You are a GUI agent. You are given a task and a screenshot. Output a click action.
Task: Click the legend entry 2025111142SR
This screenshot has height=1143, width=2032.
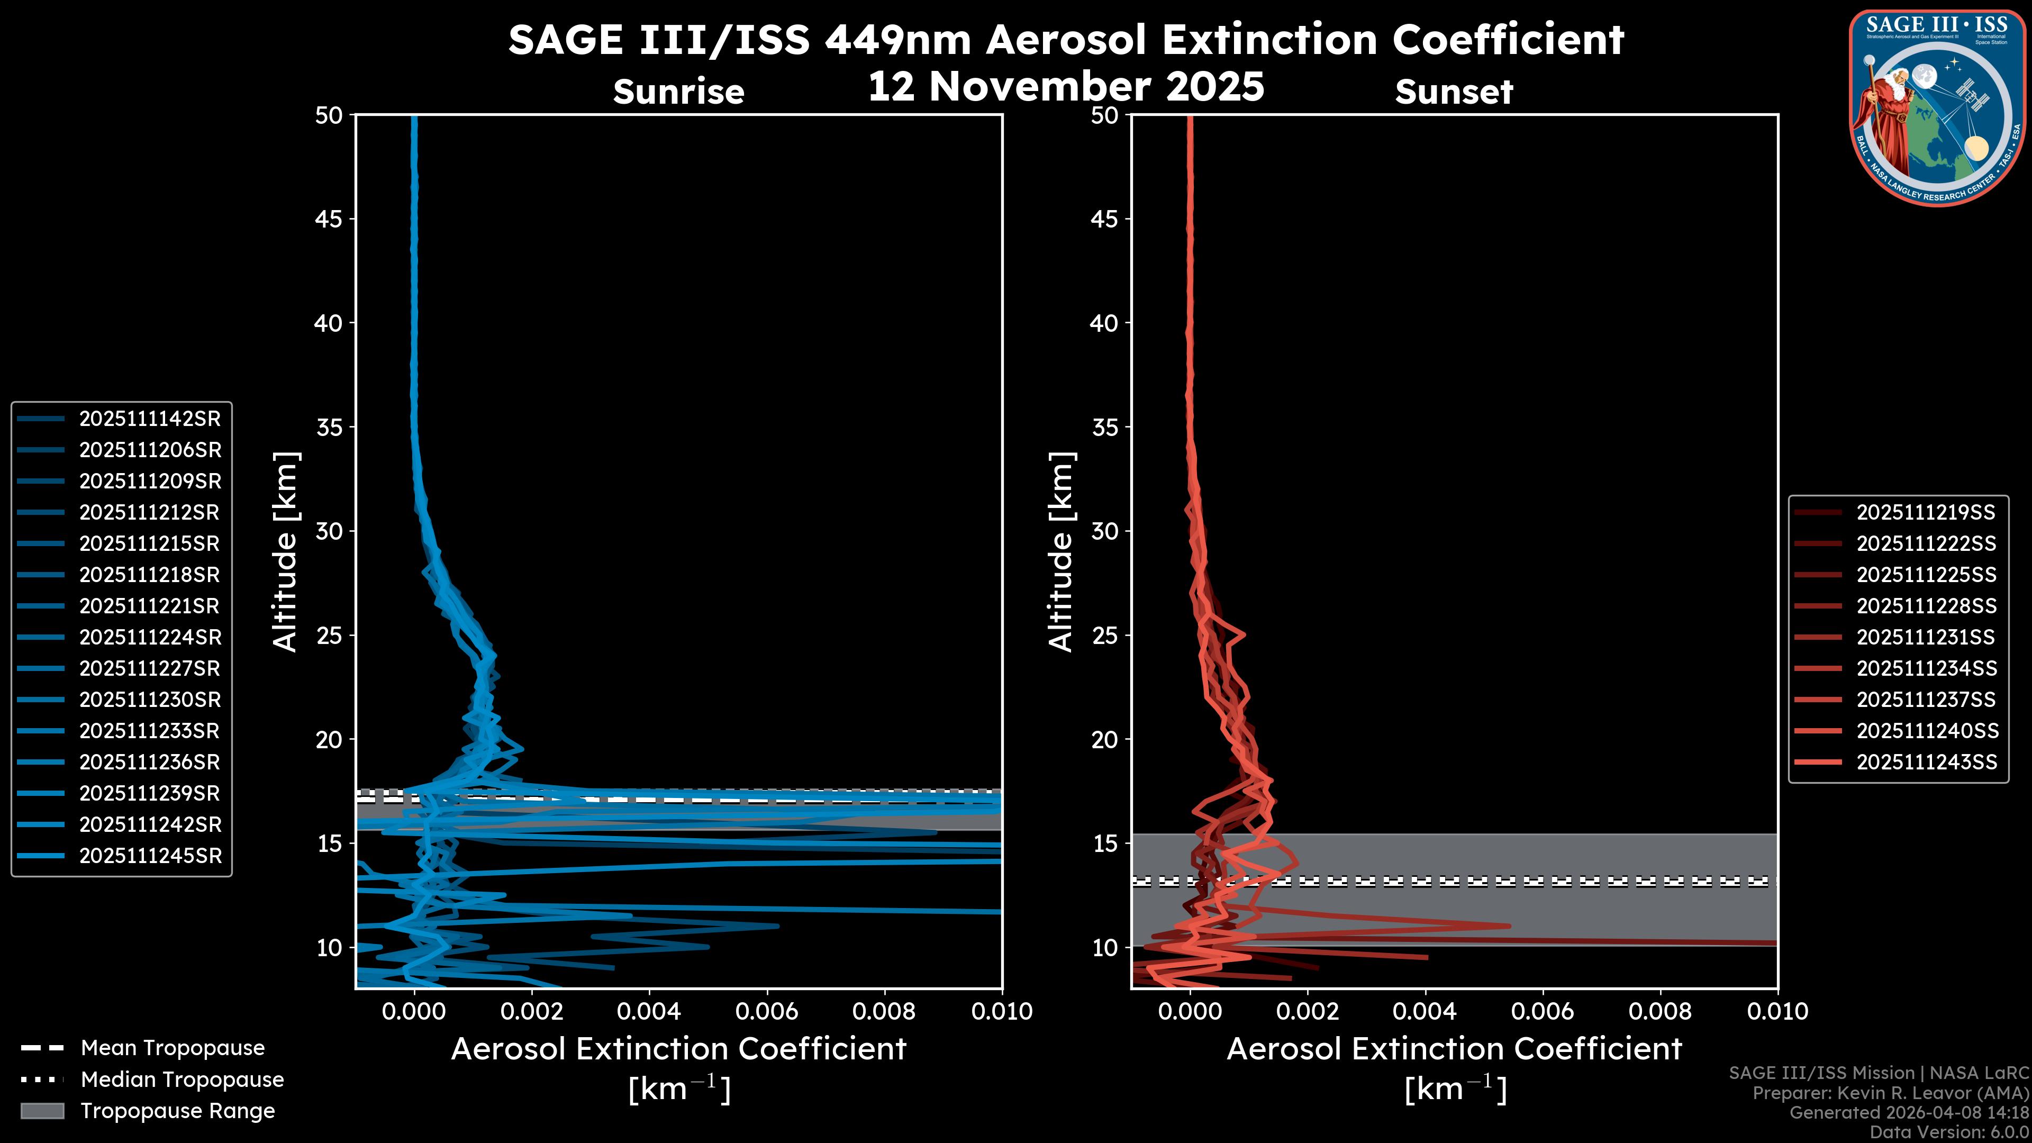click(149, 419)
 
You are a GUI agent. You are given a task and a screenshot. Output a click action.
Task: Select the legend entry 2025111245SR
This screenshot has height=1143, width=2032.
click(150, 856)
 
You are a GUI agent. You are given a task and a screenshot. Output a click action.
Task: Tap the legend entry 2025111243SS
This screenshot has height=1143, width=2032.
click(1926, 762)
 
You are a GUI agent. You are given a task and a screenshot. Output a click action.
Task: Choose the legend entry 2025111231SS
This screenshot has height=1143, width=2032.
click(1926, 637)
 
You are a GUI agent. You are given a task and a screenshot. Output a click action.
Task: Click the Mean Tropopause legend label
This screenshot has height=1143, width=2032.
click(173, 1048)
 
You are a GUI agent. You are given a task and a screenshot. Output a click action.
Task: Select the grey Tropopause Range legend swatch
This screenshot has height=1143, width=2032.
click(42, 1111)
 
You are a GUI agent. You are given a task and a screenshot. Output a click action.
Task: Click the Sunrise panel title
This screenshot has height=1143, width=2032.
click(678, 92)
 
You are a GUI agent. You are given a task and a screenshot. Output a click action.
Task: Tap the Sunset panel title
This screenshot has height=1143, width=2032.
click(1454, 92)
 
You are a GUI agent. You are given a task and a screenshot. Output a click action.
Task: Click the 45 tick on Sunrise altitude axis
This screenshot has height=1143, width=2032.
click(328, 219)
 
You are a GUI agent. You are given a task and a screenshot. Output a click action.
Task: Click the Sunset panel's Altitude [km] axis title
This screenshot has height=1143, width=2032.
click(1061, 552)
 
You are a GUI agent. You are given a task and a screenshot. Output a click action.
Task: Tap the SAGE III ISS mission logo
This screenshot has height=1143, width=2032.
click(1937, 107)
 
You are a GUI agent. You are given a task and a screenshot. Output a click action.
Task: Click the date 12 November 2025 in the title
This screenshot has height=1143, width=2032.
click(1066, 87)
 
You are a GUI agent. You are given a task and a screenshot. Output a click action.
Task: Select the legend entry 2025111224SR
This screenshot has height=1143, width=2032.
click(149, 637)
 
